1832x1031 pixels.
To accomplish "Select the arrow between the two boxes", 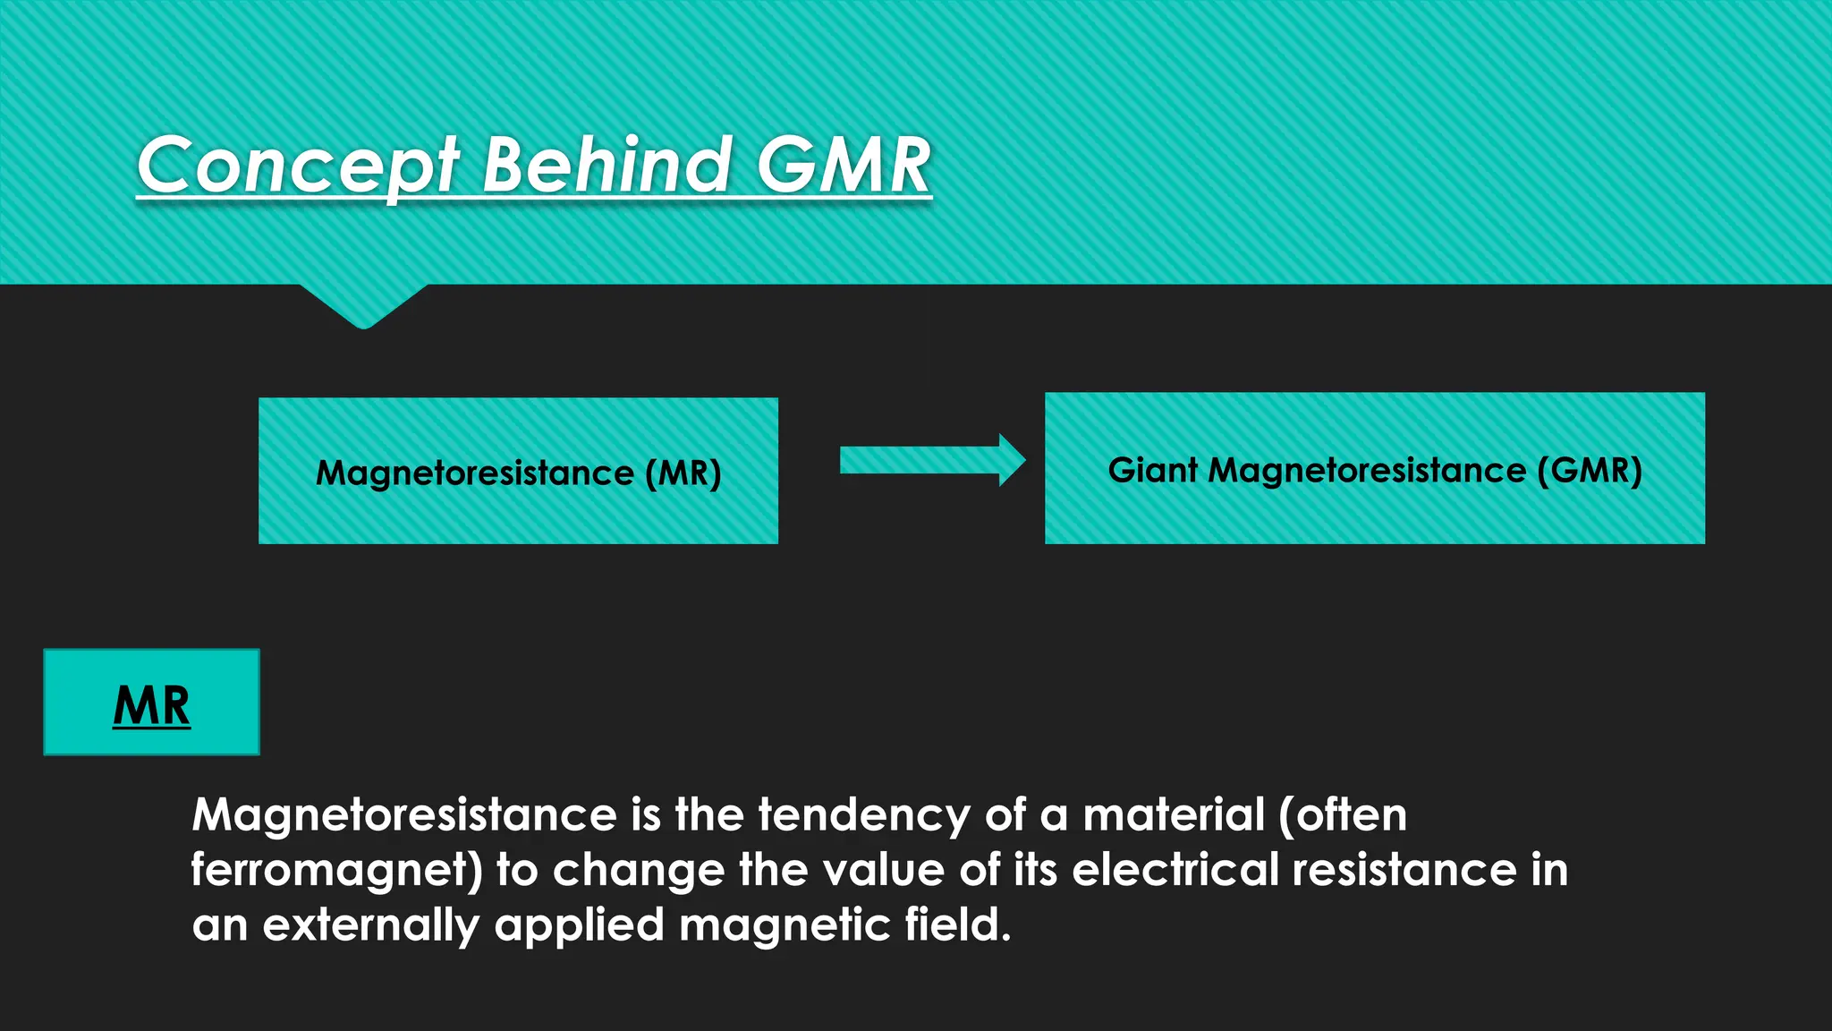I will click(931, 461).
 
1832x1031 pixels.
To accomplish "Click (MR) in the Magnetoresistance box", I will click(683, 473).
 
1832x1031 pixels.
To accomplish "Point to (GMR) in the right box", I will click(1590, 470).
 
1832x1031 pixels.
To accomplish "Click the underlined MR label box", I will click(151, 703).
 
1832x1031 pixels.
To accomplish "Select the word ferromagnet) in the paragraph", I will click(337, 871).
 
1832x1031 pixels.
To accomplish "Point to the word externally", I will click(370, 925).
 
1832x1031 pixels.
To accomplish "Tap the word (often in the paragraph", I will click(1343, 815).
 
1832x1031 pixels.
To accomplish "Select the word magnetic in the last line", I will click(785, 925).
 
